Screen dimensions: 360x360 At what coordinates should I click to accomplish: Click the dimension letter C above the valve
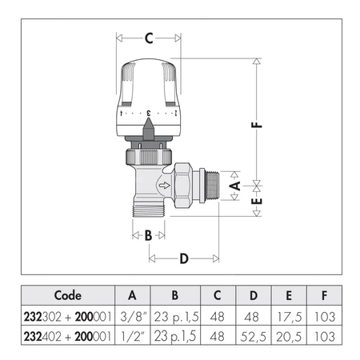click(x=149, y=38)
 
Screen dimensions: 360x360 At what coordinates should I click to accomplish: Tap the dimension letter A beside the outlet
click(x=234, y=186)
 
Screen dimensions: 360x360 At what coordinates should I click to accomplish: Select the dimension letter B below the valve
click(x=148, y=235)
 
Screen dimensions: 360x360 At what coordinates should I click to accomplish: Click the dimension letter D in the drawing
click(x=183, y=258)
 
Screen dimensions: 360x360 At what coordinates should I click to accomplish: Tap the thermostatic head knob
click(x=149, y=92)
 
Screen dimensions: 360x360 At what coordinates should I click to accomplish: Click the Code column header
click(x=67, y=294)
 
